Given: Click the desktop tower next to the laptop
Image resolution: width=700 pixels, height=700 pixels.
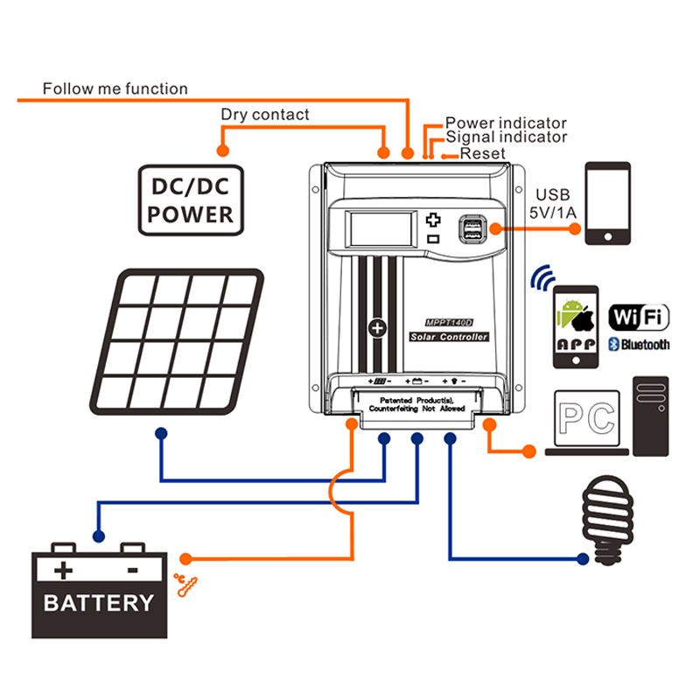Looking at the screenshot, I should pos(652,416).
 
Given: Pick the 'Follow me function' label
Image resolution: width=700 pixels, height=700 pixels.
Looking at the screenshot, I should pos(115,88).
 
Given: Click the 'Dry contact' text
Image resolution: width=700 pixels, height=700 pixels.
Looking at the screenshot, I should pos(264,115).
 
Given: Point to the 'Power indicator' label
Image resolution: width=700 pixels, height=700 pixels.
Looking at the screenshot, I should pos(506,123).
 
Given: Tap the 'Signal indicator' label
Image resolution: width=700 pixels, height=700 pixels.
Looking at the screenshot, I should pos(506,137).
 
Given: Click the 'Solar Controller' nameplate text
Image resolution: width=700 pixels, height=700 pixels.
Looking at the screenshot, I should pos(449,337).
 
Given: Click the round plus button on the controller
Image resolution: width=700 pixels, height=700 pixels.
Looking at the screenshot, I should pos(377,328).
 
